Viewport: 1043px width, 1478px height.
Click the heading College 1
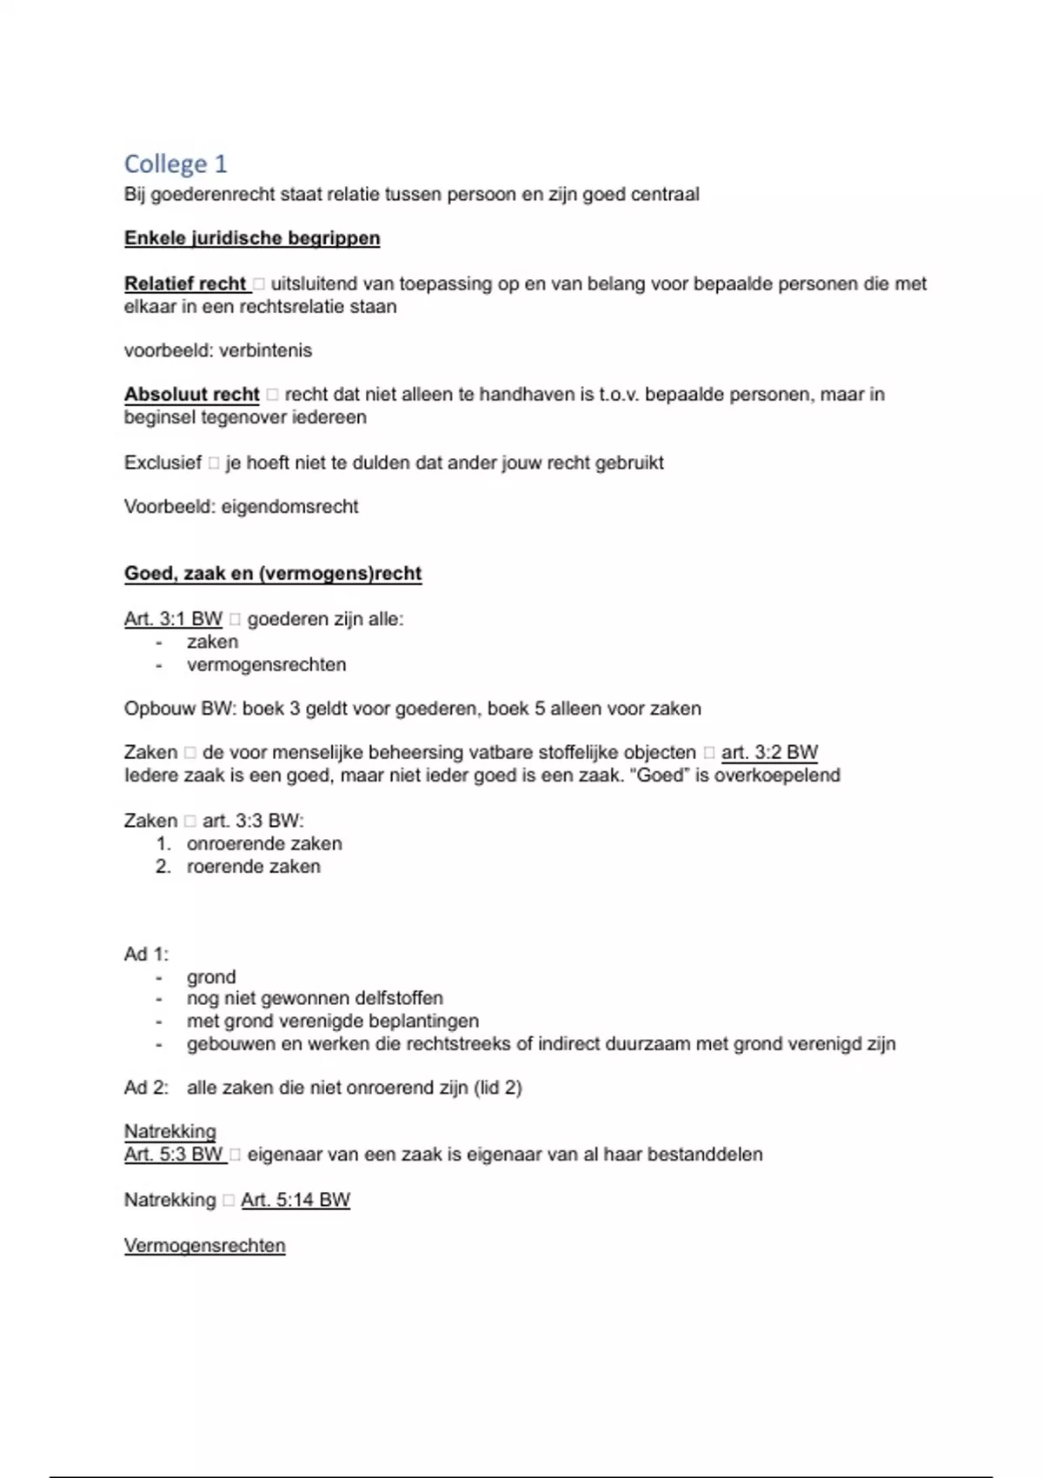175,163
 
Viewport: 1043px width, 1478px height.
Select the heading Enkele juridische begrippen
252,238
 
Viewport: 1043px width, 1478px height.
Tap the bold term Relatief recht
185,283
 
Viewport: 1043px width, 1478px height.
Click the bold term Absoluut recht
191,394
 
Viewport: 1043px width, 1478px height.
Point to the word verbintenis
265,350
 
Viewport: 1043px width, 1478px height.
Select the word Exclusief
163,463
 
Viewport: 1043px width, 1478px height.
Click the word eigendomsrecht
289,507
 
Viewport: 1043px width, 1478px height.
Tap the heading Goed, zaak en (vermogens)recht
273,574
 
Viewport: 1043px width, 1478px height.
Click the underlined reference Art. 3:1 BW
173,619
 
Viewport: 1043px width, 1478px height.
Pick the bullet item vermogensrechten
266,664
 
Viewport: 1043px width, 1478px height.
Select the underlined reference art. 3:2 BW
769,752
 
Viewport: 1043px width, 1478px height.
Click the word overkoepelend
777,775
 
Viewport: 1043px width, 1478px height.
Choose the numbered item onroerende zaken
264,843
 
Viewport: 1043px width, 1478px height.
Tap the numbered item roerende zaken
253,866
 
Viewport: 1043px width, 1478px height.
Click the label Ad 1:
146,954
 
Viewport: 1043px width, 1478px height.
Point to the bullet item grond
211,976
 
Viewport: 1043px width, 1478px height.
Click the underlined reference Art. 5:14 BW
296,1200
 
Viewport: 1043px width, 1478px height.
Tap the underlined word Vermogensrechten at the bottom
204,1245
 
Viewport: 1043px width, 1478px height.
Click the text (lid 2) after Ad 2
497,1088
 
